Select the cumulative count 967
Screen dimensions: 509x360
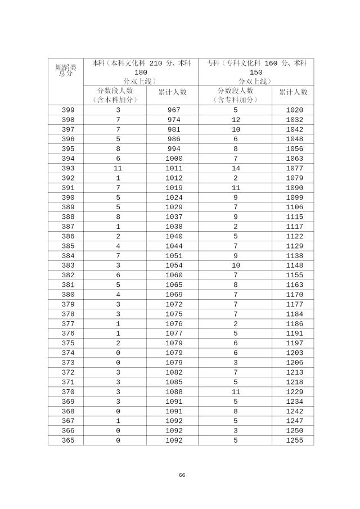tap(174, 110)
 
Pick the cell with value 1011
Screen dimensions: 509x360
tap(174, 168)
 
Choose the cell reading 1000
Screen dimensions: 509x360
tap(174, 159)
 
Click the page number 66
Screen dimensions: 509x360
tap(182, 475)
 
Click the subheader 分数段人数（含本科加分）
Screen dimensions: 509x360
tap(115, 95)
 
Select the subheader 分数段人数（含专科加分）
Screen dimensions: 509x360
tap(235, 95)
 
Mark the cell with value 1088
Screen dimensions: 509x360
tap(174, 392)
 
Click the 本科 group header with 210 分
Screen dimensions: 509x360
tap(141, 72)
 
